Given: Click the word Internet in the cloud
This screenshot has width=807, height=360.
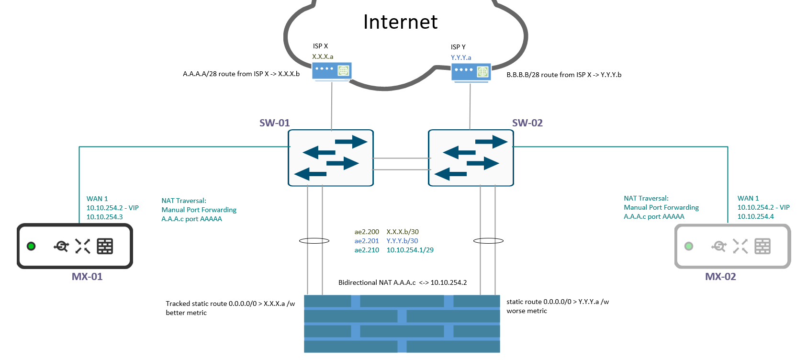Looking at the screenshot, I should pos(400,22).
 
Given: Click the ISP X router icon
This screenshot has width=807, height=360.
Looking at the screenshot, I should pos(332,71).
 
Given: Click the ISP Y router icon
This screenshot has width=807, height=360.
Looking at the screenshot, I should pos(471,72).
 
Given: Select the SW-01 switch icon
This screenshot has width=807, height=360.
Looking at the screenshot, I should pos(330,157).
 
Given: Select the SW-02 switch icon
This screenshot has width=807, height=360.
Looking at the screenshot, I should pos(471,157).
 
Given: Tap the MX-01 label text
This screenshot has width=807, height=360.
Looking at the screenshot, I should pos(87,277).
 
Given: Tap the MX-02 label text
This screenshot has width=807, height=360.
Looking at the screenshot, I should pos(720,277).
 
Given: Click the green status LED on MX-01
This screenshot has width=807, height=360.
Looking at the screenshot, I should pos(31,246).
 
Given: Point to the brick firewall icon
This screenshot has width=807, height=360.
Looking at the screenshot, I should pos(402,324).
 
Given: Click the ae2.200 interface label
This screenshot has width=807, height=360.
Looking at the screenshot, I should pos(367,232).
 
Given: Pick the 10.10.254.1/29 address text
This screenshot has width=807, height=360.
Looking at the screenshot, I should pos(410,250).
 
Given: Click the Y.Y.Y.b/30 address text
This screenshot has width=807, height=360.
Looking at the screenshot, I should pos(402,241).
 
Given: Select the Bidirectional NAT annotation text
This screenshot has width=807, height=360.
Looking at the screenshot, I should pos(402,282).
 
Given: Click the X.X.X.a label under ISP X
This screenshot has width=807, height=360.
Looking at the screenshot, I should pos(323,56).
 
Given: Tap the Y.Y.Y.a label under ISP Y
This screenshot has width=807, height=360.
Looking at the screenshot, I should pos(461,57).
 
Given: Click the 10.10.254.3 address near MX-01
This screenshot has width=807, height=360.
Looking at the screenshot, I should pos(104,217).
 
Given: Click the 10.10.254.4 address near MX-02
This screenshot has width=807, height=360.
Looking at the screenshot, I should pos(755,216).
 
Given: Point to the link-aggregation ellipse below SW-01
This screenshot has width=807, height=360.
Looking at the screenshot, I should pos(314,241).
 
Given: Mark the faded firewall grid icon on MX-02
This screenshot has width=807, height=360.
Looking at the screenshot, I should pos(762,246).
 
